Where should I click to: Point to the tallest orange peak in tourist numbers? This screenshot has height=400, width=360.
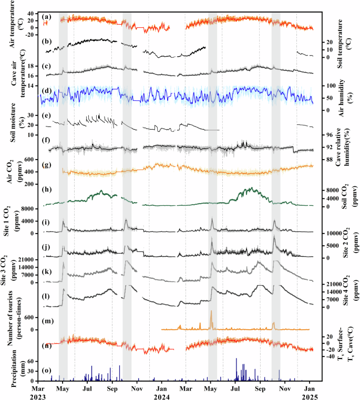[x=211, y=311]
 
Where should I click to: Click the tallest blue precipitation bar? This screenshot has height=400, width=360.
[x=236, y=359]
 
